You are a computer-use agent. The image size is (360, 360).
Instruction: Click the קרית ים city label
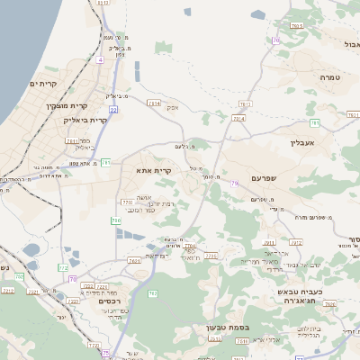coord(43,84)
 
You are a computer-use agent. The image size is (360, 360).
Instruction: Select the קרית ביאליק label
coord(86,120)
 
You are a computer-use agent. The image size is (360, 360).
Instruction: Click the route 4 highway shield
coord(102,59)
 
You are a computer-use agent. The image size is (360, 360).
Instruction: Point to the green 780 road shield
coord(116,220)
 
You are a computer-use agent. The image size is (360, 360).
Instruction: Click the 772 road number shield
coord(62,267)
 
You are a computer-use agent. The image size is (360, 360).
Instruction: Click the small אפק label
coord(172,108)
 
